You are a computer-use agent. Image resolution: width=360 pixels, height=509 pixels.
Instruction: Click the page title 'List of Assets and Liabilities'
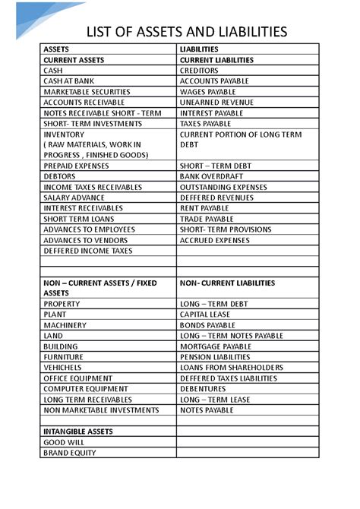tap(187, 31)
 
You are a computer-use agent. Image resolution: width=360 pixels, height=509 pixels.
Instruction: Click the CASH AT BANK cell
tap(70, 81)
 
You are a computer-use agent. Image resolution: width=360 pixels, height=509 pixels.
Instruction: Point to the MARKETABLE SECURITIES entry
tap(87, 91)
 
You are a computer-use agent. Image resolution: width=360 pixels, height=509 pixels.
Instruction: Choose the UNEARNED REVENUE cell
tap(217, 102)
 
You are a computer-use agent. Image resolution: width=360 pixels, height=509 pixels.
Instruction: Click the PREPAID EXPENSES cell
tap(76, 166)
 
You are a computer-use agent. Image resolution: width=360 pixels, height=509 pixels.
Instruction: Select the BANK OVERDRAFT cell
tap(210, 176)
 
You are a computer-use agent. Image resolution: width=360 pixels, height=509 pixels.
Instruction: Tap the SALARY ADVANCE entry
tap(74, 198)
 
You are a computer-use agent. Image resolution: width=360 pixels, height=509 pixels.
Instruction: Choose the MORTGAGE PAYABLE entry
tap(215, 346)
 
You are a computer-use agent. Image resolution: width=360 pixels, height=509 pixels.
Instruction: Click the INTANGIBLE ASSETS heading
tap(78, 432)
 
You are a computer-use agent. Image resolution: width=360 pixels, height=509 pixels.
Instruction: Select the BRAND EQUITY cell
tap(70, 453)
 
